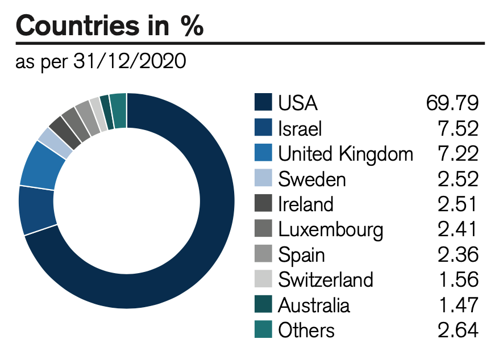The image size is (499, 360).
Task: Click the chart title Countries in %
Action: click(x=110, y=26)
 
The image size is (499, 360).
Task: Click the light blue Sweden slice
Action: click(x=55, y=142)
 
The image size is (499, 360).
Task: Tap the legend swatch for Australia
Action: click(x=264, y=305)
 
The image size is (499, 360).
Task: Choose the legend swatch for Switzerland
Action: click(x=264, y=279)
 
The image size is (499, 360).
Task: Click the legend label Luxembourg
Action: click(x=331, y=229)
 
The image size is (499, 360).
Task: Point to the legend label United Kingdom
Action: click(x=346, y=153)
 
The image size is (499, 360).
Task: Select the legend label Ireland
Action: click(x=306, y=204)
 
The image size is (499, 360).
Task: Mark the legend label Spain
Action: click(x=301, y=254)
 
